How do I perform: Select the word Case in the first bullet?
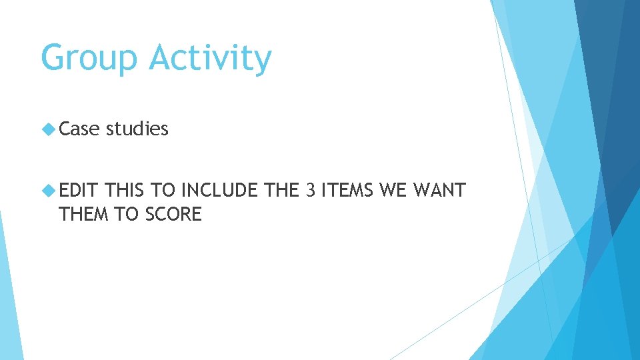[79, 129]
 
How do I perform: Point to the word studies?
[137, 129]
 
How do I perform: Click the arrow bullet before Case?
[48, 129]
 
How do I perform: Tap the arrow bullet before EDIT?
[48, 191]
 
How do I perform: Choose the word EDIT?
[79, 191]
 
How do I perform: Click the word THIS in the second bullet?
[126, 191]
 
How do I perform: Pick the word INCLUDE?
[219, 191]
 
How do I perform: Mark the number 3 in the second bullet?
[309, 191]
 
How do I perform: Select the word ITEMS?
[346, 191]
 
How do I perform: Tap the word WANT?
[439, 191]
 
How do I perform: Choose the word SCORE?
[175, 214]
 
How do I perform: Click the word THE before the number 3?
[281, 191]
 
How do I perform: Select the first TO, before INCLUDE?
[163, 191]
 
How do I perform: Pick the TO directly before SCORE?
[125, 214]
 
